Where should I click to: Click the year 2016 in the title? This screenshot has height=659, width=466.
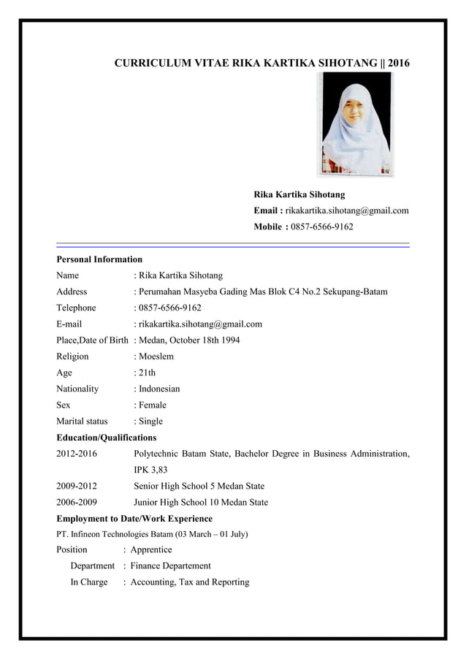point(399,64)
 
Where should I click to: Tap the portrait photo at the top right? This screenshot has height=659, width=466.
point(354,124)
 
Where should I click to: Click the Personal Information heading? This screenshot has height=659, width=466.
point(99,259)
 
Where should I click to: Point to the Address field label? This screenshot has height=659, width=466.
point(72,292)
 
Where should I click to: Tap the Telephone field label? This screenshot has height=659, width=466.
point(77,308)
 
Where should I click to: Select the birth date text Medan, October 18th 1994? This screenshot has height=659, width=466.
point(189,340)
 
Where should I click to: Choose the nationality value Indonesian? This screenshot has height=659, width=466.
point(159,389)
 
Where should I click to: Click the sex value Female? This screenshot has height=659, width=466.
point(153,405)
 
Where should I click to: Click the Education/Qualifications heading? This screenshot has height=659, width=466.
point(107,438)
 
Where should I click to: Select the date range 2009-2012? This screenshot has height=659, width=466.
point(77,486)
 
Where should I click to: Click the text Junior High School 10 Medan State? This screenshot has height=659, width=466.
point(201,502)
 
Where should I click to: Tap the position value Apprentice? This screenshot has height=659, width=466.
point(151,549)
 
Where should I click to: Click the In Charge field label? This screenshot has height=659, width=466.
point(89,582)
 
